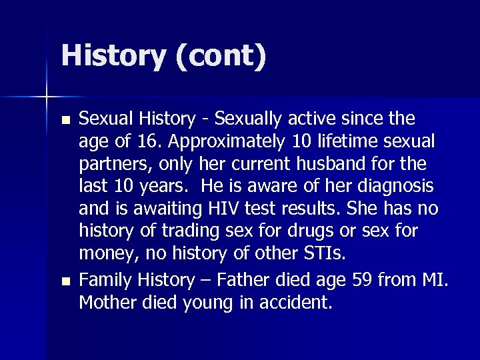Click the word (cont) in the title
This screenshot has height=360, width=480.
pyautogui.click(x=221, y=56)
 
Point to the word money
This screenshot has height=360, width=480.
pyautogui.click(x=108, y=254)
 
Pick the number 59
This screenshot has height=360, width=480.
pyautogui.click(x=361, y=281)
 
